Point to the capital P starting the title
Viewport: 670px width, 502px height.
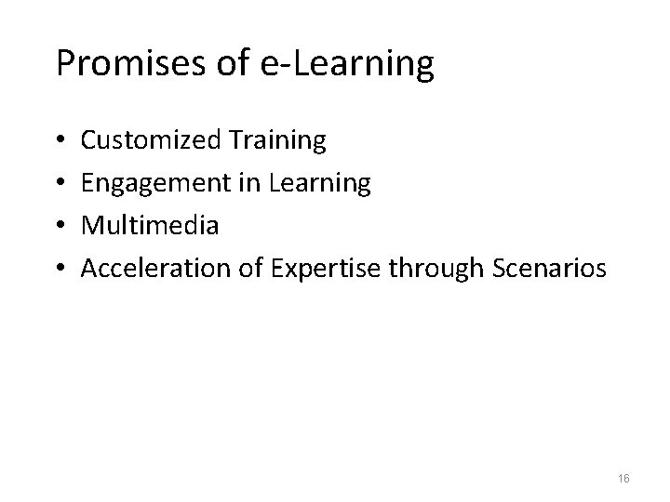click(65, 63)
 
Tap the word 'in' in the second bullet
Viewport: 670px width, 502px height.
click(248, 184)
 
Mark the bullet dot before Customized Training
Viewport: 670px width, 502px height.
click(60, 142)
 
